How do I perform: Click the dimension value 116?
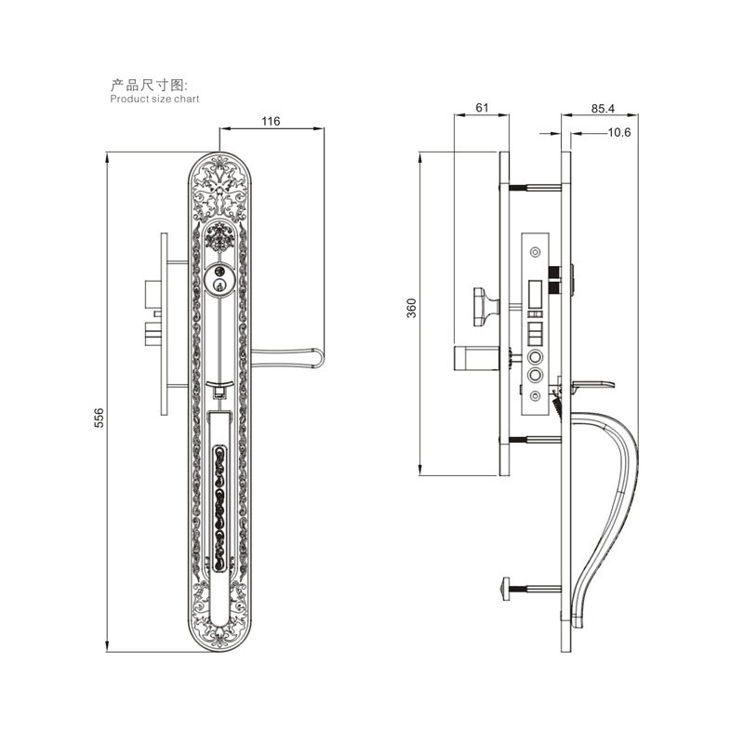[x=271, y=121]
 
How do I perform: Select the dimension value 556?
[x=99, y=418]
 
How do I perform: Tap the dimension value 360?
[x=411, y=308]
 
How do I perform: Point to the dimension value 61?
[x=482, y=108]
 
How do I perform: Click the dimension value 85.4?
[x=603, y=109]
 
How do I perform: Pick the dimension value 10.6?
[x=619, y=132]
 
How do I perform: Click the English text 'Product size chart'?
[x=154, y=99]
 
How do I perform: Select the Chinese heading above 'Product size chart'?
[x=149, y=86]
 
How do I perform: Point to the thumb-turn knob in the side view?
[x=486, y=307]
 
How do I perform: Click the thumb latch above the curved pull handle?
[x=593, y=385]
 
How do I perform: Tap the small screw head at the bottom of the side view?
[x=506, y=589]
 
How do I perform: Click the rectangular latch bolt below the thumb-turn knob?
[x=476, y=358]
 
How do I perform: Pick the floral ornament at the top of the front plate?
[x=219, y=189]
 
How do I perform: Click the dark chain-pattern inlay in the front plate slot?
[x=219, y=508]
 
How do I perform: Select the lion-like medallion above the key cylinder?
[x=219, y=238]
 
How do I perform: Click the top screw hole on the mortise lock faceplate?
[x=536, y=251]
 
